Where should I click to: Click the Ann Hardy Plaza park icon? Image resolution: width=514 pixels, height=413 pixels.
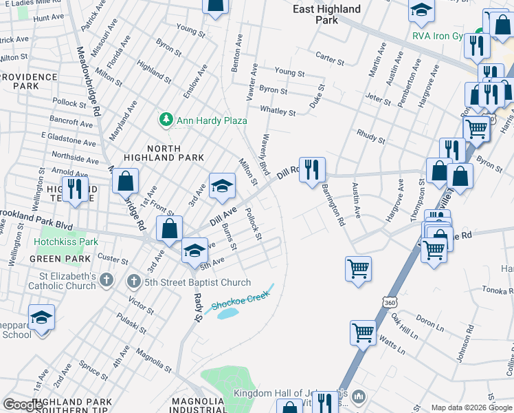[x=166, y=120]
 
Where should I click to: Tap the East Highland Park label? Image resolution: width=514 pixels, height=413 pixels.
[x=326, y=14]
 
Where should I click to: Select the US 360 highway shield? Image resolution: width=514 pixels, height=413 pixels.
[x=390, y=303]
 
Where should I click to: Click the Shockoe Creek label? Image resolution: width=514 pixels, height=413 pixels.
[x=238, y=301]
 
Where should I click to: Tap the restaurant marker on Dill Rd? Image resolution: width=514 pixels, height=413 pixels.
[x=312, y=169]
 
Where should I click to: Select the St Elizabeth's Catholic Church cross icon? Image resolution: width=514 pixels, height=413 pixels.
[x=106, y=279]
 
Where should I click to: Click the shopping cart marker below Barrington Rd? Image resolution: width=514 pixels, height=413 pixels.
[x=358, y=269]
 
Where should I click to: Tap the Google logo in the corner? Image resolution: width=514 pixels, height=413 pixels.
[x=23, y=404]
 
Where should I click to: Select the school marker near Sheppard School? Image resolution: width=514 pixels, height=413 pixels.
[x=42, y=318]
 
